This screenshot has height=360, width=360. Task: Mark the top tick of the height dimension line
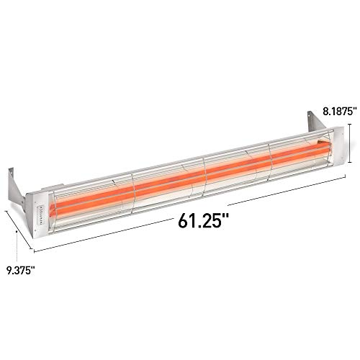[351, 125]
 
